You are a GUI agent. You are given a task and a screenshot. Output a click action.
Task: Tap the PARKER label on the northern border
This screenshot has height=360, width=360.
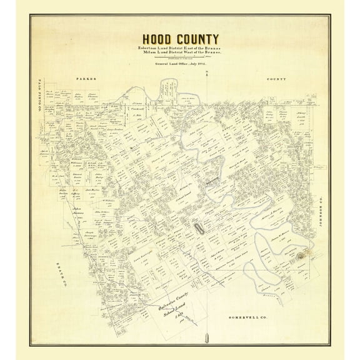click(84, 79)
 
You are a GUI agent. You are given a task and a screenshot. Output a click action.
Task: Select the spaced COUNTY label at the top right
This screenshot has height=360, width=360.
click(276, 79)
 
